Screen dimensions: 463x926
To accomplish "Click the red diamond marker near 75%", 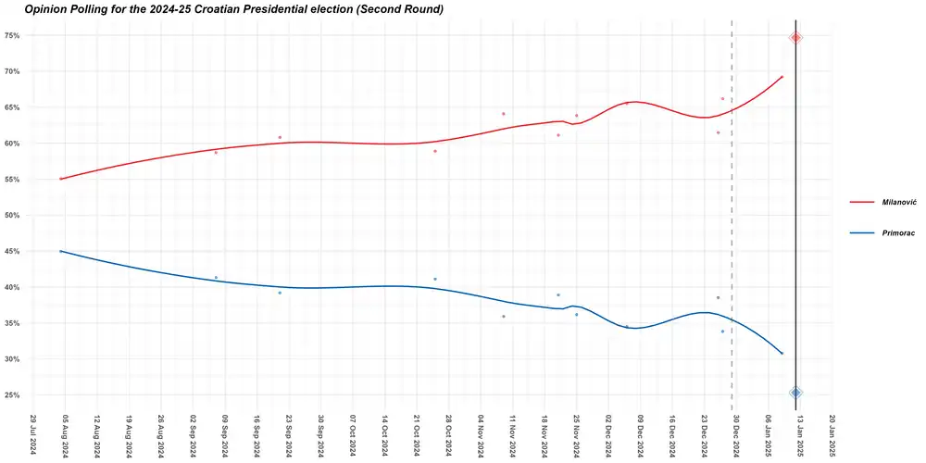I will pos(795,37).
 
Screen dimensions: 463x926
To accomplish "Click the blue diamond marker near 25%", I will pos(795,393).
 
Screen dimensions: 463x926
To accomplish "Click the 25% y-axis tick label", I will pos(12,394).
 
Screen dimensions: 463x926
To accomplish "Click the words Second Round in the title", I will pos(397,9).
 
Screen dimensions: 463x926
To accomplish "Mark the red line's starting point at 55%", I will pos(60,179).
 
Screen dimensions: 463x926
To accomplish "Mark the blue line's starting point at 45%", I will pos(60,251).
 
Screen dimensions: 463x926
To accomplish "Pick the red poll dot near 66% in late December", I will pos(722,98).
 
